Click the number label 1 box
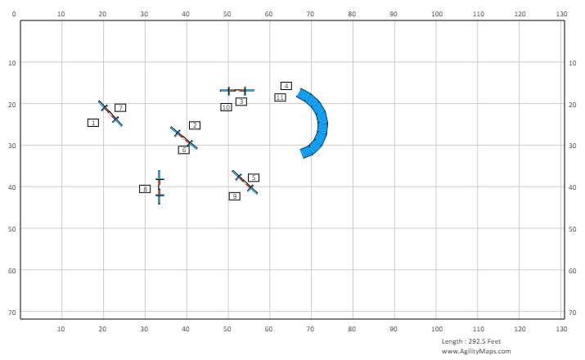(93, 123)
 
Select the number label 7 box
(120, 108)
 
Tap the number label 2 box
(195, 125)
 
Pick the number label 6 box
(184, 150)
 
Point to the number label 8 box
(145, 189)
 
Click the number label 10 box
(226, 107)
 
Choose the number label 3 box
(241, 101)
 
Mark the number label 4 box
(286, 86)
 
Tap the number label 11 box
(280, 97)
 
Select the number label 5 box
(254, 178)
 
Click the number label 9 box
(235, 196)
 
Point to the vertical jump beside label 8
(159, 187)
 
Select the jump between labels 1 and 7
(110, 114)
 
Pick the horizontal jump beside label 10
(236, 90)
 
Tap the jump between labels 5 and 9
(245, 182)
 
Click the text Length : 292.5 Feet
(470, 341)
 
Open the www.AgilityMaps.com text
(476, 351)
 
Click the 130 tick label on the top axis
(561, 14)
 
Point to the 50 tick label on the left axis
(11, 228)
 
